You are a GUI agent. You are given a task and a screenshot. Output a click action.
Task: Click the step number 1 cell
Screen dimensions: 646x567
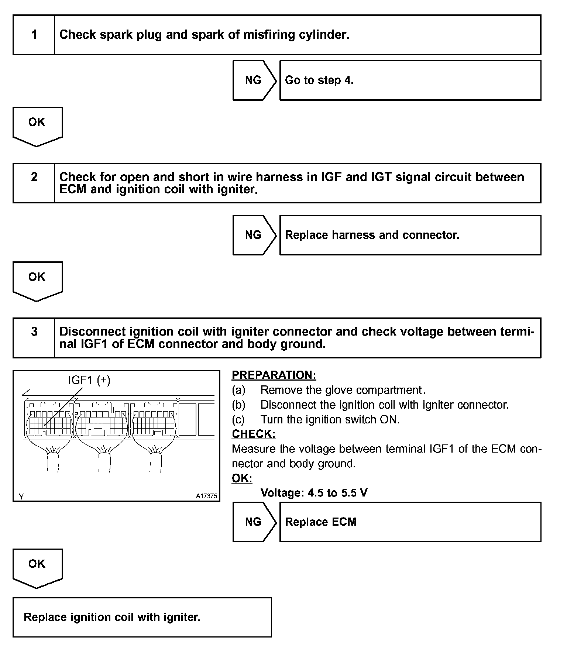(x=34, y=35)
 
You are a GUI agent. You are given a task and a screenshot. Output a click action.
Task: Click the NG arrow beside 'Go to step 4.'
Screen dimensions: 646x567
(x=254, y=80)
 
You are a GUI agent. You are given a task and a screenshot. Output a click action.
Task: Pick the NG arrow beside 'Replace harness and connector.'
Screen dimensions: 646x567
(x=254, y=235)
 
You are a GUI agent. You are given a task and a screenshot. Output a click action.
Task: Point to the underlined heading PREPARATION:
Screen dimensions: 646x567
(x=274, y=375)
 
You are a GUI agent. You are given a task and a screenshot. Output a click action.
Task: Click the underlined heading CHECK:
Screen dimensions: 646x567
(x=254, y=434)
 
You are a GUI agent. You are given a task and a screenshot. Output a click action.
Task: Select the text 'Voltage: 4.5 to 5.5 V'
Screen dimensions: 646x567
(x=314, y=493)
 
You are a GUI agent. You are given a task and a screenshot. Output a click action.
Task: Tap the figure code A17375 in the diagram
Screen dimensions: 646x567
(x=206, y=496)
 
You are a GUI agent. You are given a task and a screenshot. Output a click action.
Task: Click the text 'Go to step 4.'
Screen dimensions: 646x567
(x=319, y=80)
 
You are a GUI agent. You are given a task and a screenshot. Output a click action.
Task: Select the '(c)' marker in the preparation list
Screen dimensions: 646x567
(x=238, y=419)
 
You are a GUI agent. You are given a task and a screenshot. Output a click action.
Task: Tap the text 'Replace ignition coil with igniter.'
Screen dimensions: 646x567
(x=112, y=617)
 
